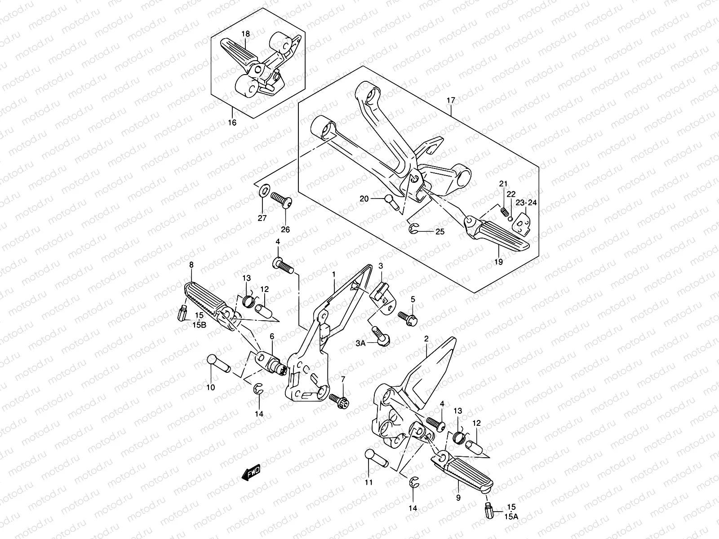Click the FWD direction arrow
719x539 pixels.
251,473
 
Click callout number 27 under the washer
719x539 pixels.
262,218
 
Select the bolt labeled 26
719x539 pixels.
281,199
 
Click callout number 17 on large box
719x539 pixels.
451,102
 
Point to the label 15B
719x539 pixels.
200,325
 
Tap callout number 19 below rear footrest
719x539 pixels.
499,262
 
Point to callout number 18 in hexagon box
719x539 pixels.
245,34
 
